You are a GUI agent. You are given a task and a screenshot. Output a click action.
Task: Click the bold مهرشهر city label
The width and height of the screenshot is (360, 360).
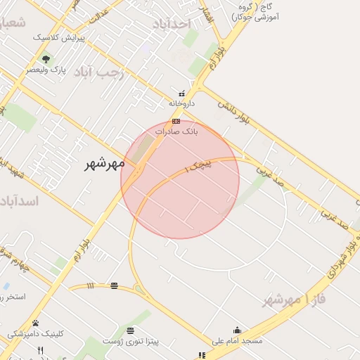[x=103, y=164]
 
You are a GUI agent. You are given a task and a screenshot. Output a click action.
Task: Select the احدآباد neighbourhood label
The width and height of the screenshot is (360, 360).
[x=171, y=24]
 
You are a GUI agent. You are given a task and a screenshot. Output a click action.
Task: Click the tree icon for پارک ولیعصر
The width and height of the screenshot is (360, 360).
[x=46, y=60]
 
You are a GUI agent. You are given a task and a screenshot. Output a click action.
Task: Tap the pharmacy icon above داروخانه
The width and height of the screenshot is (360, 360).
[x=182, y=93]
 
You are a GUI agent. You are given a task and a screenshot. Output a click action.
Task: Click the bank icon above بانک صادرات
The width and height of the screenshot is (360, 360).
[x=176, y=121]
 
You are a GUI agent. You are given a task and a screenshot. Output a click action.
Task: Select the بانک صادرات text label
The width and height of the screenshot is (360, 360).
[x=176, y=131]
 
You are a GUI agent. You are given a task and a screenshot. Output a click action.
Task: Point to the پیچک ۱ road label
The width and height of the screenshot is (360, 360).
[x=198, y=166]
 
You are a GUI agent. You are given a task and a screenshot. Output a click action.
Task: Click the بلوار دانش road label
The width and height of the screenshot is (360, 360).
[x=233, y=112]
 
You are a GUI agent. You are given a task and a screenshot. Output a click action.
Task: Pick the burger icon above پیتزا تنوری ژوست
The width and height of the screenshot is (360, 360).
[x=130, y=330]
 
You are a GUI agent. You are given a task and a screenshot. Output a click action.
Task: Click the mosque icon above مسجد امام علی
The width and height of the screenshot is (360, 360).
[x=237, y=330]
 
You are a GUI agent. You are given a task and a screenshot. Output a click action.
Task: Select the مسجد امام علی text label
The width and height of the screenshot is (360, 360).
[x=236, y=340]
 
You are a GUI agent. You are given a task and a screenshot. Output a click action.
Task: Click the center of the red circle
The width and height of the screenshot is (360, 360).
[x=180, y=179]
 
